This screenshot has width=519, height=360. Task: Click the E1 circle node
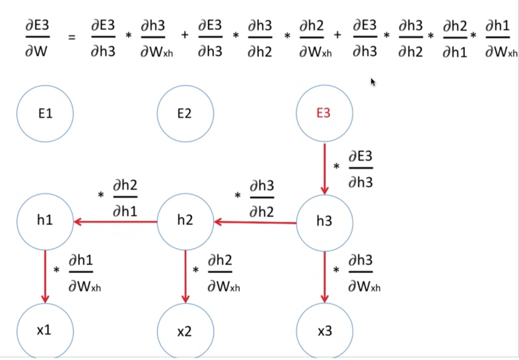pos(45,114)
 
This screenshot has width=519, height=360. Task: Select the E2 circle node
pos(185,114)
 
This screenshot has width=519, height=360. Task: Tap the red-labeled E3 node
pos(324,114)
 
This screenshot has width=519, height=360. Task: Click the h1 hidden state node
pos(45,221)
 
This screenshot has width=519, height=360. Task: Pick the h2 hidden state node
pos(185,221)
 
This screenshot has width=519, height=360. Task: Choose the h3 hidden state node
pos(324,221)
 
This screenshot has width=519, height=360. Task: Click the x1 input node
pos(45,331)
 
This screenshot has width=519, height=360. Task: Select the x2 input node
pos(185,331)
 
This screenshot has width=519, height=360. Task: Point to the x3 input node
pos(324,331)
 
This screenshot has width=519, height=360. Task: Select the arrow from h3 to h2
pos(255,222)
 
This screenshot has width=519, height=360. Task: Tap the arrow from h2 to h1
pos(116,221)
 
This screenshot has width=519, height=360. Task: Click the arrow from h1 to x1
pos(45,276)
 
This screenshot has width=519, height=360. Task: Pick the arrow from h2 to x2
pos(185,276)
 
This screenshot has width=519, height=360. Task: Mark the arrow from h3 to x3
pos(324,276)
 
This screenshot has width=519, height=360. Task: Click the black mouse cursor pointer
pos(373,82)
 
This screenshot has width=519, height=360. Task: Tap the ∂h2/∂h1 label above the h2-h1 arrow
pos(125,198)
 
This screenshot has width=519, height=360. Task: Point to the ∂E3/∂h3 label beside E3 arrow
pos(360,169)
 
